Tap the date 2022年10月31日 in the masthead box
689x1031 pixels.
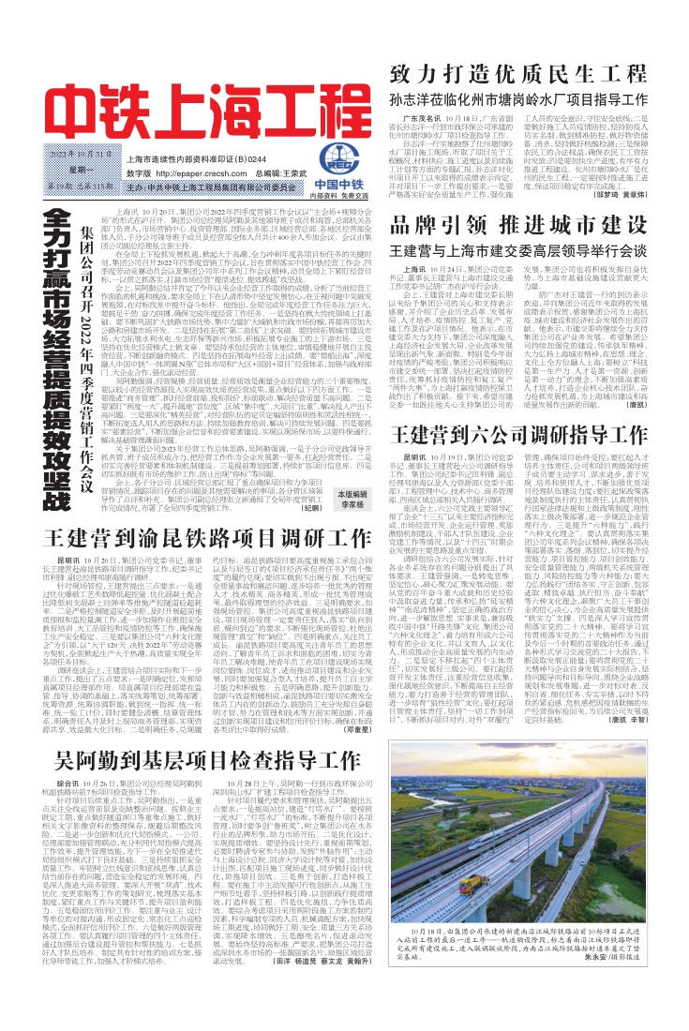click(74, 153)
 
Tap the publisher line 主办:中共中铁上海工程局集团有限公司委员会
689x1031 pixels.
click(200, 187)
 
